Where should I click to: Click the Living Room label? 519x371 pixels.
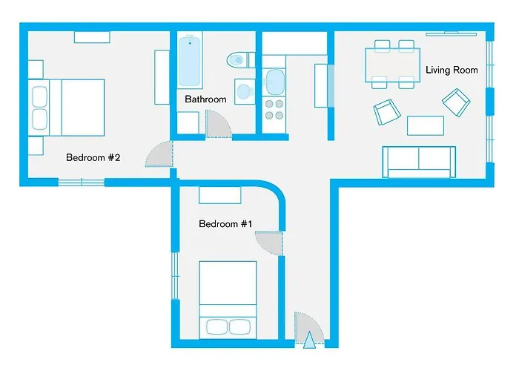(x=451, y=70)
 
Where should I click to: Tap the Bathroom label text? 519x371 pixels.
(x=205, y=99)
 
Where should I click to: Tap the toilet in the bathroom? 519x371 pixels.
(x=238, y=59)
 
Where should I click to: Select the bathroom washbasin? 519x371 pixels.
(x=242, y=93)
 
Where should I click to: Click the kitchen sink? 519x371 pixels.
(x=274, y=80)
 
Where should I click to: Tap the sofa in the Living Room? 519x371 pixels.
(x=418, y=161)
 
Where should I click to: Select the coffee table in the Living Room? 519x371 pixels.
(x=426, y=125)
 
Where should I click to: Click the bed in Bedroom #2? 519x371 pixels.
(x=67, y=107)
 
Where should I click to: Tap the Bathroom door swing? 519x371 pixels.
(x=218, y=125)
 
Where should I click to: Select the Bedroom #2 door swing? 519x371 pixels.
(x=160, y=154)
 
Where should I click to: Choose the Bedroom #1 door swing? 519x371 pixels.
(x=270, y=243)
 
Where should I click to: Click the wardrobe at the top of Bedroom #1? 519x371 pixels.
(x=220, y=196)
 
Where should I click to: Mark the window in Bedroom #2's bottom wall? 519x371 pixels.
(x=81, y=182)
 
